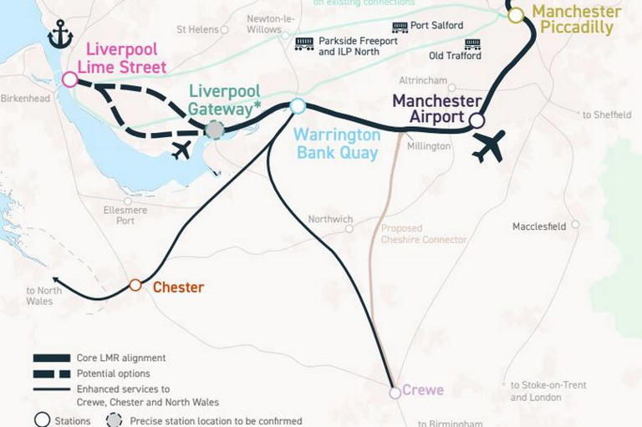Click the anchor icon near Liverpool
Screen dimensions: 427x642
(60, 35)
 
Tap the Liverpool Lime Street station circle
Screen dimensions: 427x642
(69, 79)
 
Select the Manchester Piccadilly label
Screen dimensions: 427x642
(577, 19)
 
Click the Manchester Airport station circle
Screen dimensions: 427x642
(476, 120)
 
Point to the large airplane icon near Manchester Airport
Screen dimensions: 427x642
(488, 146)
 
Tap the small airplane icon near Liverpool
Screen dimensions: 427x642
(180, 150)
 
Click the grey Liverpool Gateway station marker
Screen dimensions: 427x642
(215, 130)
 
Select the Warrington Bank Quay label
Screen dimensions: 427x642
(338, 144)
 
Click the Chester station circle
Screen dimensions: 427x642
(135, 286)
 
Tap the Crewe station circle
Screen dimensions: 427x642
(395, 392)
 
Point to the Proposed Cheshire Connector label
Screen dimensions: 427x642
(423, 234)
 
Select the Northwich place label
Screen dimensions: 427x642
(330, 220)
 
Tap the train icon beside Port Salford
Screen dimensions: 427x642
(400, 27)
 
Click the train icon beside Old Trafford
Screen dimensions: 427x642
(472, 43)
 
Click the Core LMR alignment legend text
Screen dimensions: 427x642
(121, 358)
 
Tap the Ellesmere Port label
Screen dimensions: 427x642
(125, 216)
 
